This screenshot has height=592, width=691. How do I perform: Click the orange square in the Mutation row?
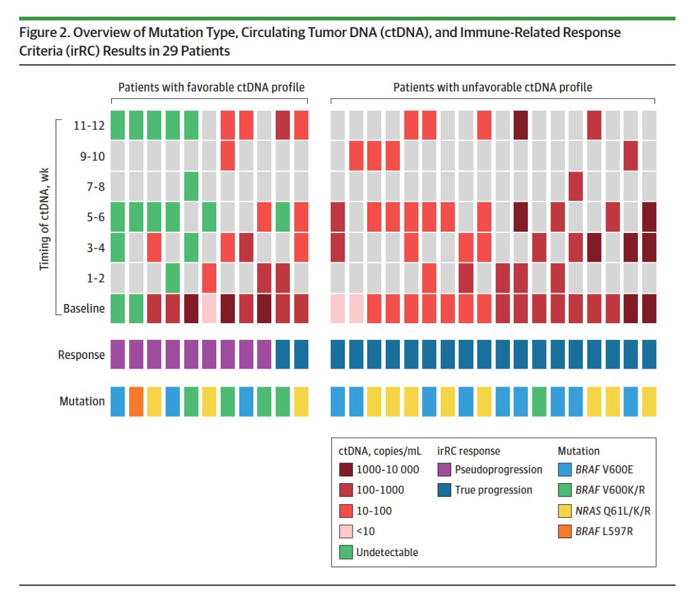click(x=135, y=401)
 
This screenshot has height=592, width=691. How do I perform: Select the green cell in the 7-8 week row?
click(x=191, y=186)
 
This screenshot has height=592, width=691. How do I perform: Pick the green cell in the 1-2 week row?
click(x=172, y=278)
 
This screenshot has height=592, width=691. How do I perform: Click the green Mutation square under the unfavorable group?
click(x=539, y=401)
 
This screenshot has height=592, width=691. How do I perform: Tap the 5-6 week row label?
click(x=92, y=216)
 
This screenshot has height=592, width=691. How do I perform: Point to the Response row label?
click(x=81, y=355)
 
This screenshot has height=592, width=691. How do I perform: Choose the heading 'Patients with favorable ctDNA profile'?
click(x=210, y=87)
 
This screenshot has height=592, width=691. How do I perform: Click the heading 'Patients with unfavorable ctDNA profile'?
click(x=493, y=87)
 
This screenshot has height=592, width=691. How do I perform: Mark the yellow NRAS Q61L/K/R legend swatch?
click(x=565, y=511)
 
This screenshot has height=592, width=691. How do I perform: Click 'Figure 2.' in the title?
click(x=47, y=32)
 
